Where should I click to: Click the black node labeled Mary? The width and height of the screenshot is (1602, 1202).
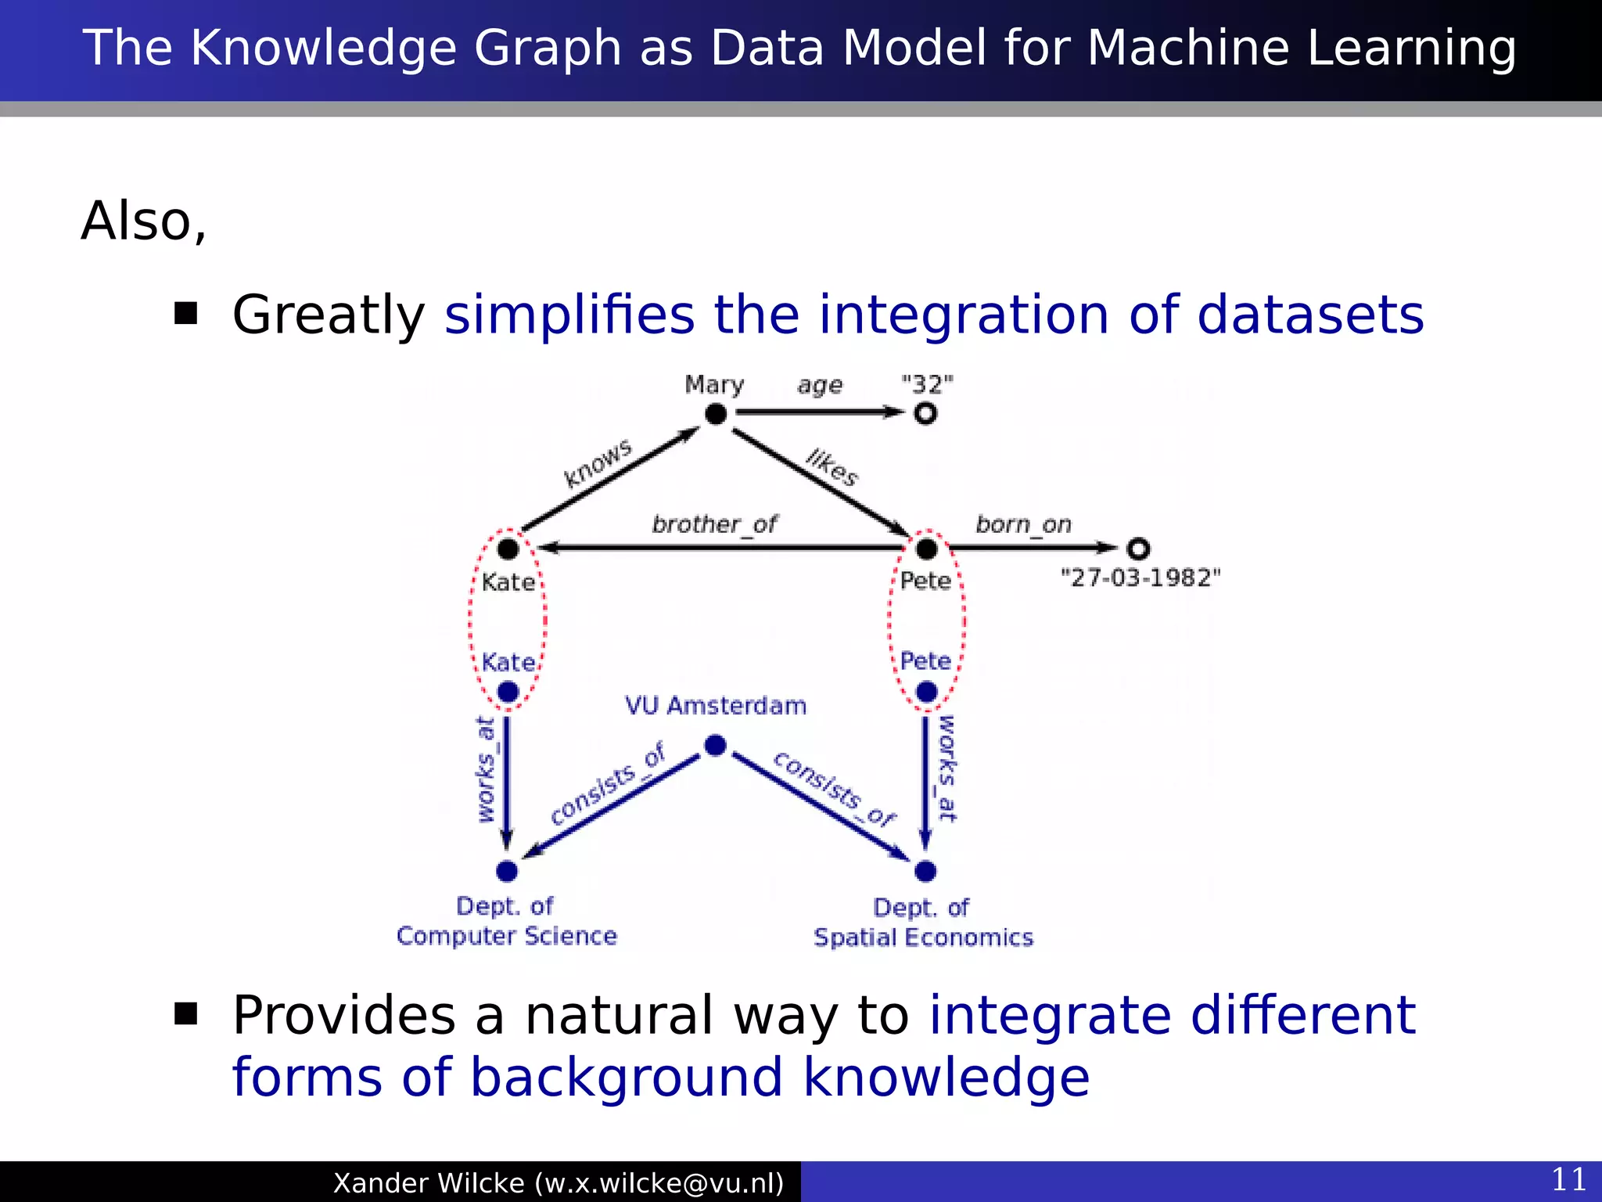tap(716, 414)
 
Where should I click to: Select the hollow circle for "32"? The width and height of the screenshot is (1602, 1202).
tap(925, 413)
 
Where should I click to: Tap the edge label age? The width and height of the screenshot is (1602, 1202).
tap(820, 385)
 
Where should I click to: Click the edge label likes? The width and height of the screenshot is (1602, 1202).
tap(832, 467)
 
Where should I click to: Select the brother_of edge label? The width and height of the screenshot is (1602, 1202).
tap(714, 524)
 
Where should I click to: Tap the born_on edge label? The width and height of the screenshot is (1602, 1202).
tap(1023, 524)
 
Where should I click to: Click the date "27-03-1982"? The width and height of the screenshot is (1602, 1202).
tap(1140, 578)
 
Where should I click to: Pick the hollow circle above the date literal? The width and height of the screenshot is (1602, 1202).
tap(1138, 549)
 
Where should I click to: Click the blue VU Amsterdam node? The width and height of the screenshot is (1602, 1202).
tap(715, 746)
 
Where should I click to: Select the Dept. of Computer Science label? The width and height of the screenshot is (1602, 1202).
tap(506, 921)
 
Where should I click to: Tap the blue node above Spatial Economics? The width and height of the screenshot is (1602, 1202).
tap(925, 870)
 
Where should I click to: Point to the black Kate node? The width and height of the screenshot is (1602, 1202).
tap(508, 549)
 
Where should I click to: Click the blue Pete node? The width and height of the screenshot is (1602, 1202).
tap(926, 692)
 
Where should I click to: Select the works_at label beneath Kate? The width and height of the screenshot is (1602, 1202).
tap(486, 770)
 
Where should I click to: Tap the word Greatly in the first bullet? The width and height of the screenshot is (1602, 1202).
tap(329, 315)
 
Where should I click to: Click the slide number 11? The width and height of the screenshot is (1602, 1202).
tap(1568, 1179)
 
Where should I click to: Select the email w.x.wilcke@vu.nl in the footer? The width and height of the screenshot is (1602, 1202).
tap(659, 1183)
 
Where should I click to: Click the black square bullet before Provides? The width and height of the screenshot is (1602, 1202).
tap(185, 1014)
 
